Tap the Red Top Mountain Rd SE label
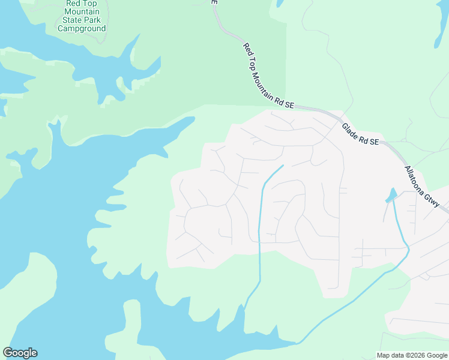point(268,76)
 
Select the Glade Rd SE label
point(360,134)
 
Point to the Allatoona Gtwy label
point(426,187)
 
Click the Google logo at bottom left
point(20,353)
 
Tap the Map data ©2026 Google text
point(411,355)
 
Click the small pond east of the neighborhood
point(391,196)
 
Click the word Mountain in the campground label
point(84,11)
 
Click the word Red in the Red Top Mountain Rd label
point(247,47)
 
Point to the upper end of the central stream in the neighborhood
point(282,166)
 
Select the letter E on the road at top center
point(214,2)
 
